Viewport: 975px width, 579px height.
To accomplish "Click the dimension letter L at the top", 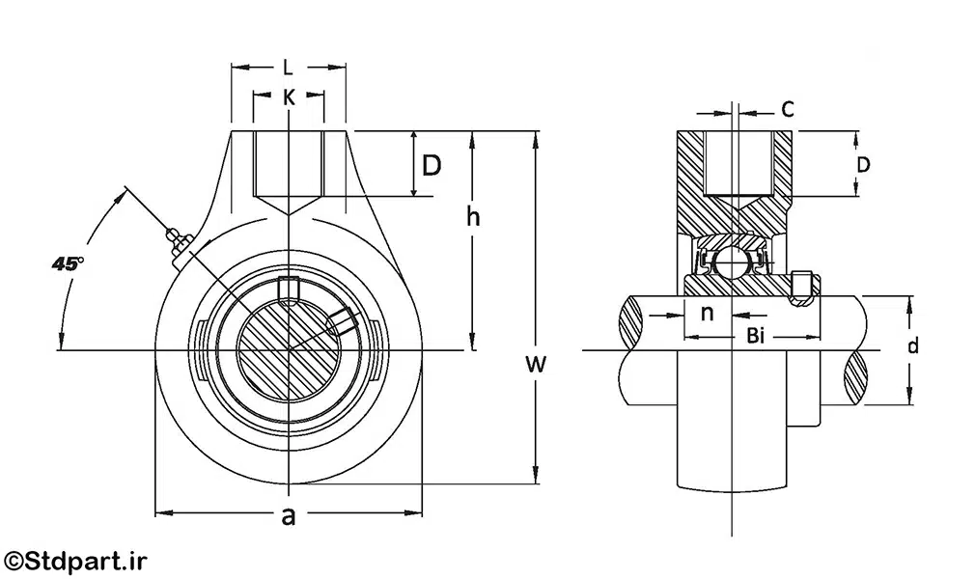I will (288, 68).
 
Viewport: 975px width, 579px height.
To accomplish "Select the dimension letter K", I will (288, 96).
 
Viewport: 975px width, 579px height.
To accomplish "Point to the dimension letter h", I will (473, 216).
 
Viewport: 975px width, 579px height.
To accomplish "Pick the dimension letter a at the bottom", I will (288, 516).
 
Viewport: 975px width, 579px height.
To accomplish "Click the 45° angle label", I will (68, 262).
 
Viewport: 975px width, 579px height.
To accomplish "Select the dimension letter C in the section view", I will (788, 109).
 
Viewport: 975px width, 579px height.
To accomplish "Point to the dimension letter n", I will (707, 313).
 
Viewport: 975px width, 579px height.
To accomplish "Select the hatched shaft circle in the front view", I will (288, 347).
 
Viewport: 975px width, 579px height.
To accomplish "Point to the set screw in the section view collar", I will (800, 287).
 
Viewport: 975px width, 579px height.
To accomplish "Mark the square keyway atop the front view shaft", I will (288, 287).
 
